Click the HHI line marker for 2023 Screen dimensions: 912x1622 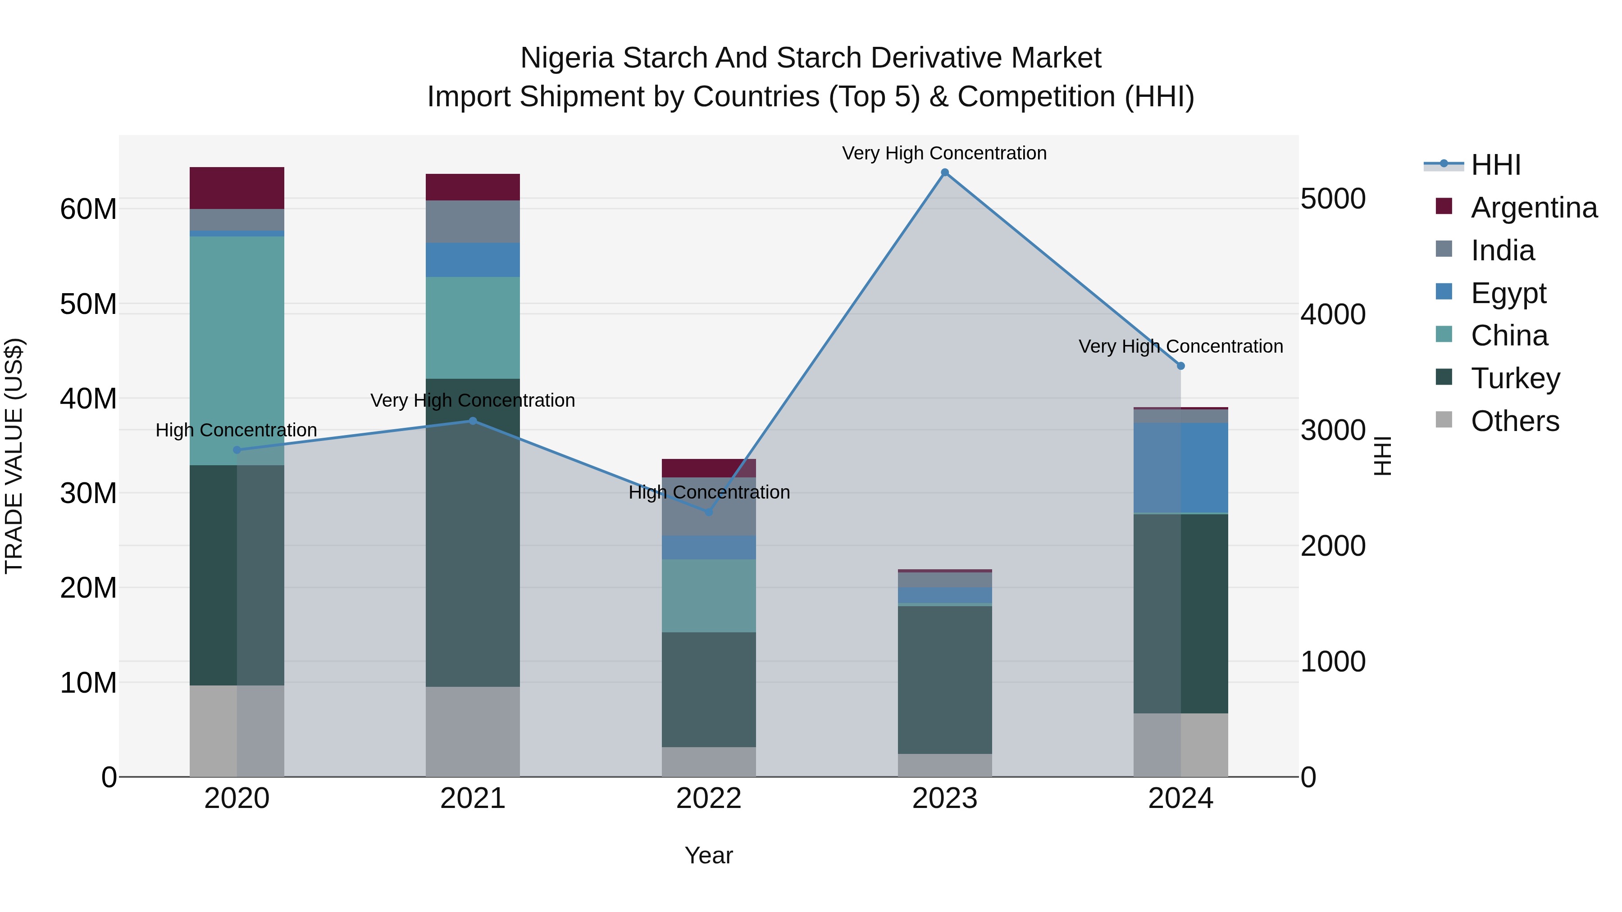click(x=944, y=172)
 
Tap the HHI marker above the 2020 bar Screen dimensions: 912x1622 click(x=237, y=450)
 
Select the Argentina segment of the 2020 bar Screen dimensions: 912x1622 click(x=237, y=187)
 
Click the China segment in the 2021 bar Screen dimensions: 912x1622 click(x=473, y=327)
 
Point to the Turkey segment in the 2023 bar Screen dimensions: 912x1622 click(x=944, y=680)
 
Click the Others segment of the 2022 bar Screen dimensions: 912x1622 click(x=708, y=762)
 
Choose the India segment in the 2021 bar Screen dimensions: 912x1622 click(x=473, y=222)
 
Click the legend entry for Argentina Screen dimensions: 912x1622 click(x=1534, y=208)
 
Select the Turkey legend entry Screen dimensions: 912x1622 click(x=1515, y=378)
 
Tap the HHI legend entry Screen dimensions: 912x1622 click(x=1495, y=165)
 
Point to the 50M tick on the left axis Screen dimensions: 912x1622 click(x=88, y=304)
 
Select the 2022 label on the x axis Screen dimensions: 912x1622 click(x=708, y=799)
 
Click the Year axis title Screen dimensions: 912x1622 click(x=708, y=855)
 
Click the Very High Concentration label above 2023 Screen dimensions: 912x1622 click(x=944, y=153)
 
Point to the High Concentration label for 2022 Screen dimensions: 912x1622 click(x=709, y=492)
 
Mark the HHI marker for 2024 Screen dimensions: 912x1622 click(x=1180, y=366)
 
